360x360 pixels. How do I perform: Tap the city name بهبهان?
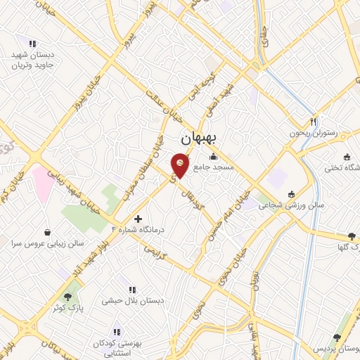197,138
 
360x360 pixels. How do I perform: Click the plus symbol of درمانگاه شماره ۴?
138,219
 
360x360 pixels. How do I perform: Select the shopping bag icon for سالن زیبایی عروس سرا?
47,231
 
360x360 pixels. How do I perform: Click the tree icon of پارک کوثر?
67,297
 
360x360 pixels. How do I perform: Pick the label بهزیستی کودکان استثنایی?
117,347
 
